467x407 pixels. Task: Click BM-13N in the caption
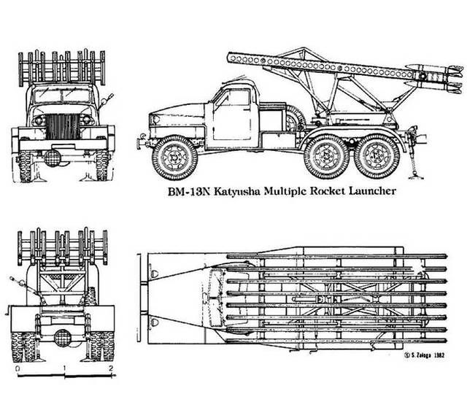[x=189, y=191]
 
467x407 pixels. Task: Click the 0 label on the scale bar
[x=18, y=368]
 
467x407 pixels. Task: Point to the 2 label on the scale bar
[x=111, y=368]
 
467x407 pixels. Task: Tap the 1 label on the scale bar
[x=64, y=368]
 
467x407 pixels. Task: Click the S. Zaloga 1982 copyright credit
[x=425, y=355]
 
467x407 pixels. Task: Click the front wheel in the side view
[x=174, y=158]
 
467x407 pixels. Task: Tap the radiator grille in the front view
[x=63, y=126]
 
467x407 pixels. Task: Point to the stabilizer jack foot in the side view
[x=416, y=177]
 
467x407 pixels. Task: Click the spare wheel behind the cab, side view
[x=295, y=119]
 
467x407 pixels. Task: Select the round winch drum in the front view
[x=53, y=158]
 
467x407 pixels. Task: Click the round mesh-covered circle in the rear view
[x=63, y=338]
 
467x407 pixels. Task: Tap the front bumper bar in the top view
[x=139, y=298]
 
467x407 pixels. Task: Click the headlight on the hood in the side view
[x=155, y=120]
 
